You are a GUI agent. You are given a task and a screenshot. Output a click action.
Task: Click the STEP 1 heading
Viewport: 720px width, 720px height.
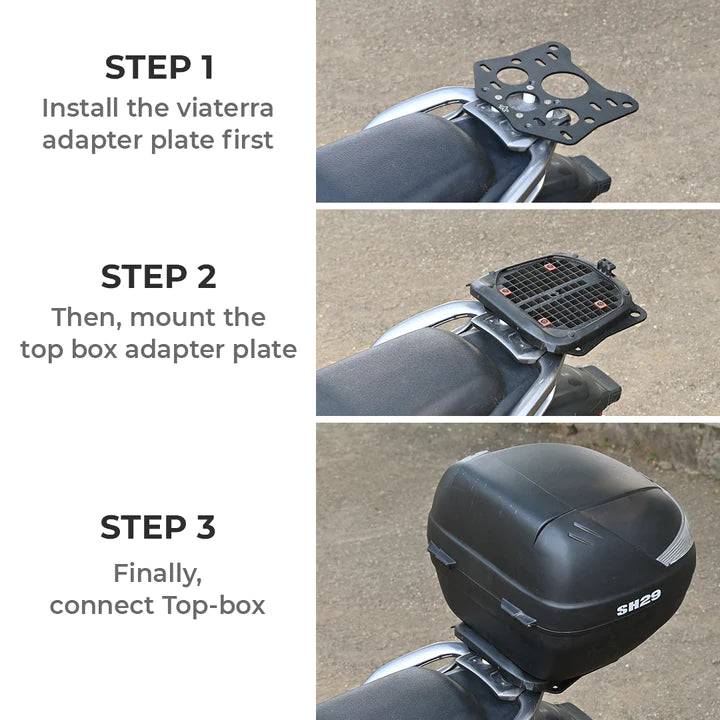tap(158, 68)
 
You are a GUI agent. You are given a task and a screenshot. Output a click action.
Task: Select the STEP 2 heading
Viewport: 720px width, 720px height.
tap(158, 277)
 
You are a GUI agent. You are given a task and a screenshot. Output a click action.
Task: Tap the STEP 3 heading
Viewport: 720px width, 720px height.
tap(158, 527)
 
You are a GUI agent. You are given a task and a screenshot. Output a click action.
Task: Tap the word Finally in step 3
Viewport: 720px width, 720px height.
tap(158, 574)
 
